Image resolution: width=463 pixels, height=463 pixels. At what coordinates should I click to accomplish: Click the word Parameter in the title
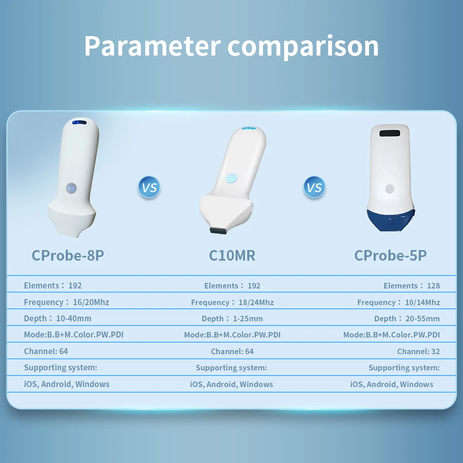pos(152,46)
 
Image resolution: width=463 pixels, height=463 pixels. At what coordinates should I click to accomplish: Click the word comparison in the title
pos(303,48)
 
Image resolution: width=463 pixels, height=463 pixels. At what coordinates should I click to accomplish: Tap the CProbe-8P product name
pos(68,256)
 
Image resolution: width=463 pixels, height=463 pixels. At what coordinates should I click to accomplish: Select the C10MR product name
pos(232,256)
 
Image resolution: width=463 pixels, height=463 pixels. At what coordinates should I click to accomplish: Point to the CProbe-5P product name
pos(390,256)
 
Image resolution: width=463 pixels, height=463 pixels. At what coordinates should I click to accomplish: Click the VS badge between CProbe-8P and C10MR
pos(149,187)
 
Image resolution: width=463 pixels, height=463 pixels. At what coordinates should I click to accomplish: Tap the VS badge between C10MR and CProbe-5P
pos(314,187)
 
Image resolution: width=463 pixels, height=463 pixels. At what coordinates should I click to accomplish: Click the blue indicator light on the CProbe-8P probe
pos(80,122)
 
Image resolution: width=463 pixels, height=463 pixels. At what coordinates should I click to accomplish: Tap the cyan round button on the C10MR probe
pos(231,178)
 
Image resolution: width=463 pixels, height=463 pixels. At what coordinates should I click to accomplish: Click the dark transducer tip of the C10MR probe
pos(219,230)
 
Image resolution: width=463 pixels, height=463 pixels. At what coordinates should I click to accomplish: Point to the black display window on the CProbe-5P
pos(390,133)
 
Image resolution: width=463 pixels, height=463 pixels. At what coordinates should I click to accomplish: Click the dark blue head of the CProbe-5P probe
pos(391,220)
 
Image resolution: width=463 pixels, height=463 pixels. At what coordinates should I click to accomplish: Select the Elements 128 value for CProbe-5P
pos(412,286)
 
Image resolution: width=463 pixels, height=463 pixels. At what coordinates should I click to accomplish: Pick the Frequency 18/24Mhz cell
pos(232,302)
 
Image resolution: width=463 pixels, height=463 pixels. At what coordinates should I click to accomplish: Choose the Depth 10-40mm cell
pos(57,319)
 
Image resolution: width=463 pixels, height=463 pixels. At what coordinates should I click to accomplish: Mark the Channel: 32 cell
pos(419,351)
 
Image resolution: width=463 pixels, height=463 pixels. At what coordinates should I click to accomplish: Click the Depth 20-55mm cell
pos(407,319)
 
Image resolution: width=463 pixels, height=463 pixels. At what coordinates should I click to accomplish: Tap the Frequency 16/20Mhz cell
pos(66,302)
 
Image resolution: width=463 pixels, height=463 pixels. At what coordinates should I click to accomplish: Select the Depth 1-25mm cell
pos(232,319)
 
